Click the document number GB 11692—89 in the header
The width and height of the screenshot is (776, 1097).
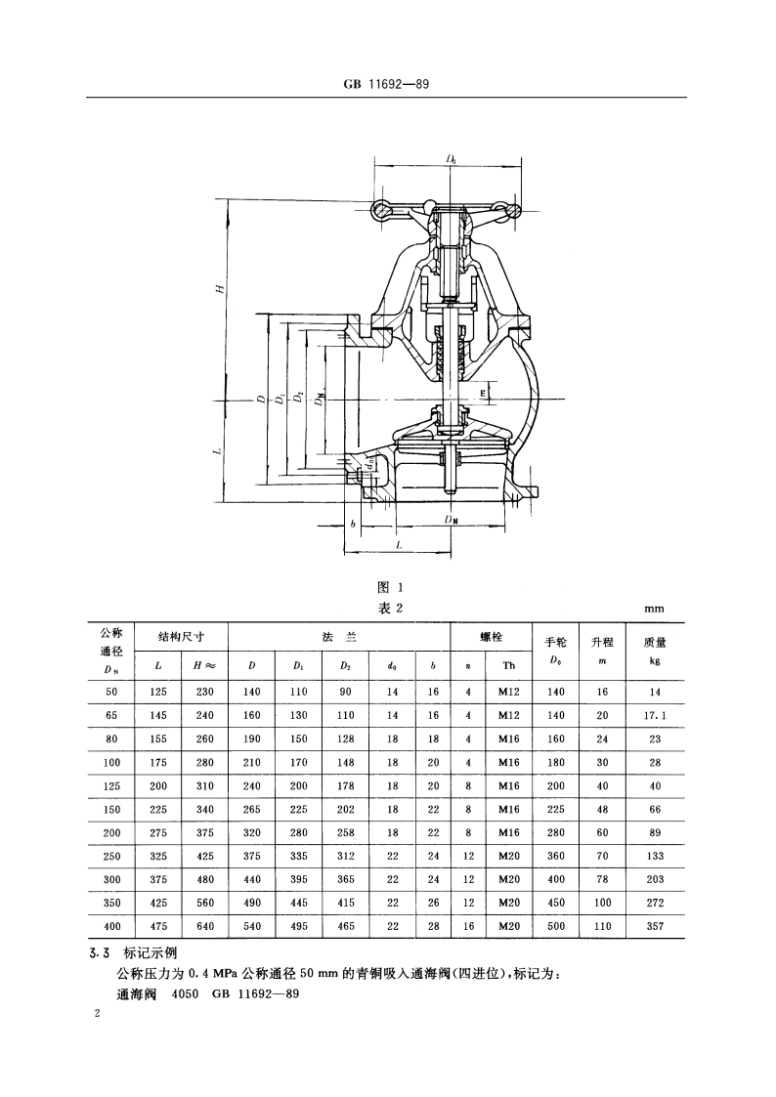(387, 85)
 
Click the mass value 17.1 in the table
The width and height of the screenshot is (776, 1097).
(654, 715)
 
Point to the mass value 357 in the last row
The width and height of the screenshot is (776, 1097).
(654, 926)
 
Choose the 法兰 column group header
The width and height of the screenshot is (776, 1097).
(338, 637)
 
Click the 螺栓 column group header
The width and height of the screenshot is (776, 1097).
(490, 637)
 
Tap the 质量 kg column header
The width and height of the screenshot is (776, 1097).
(654, 650)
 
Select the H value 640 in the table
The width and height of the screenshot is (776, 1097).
(204, 926)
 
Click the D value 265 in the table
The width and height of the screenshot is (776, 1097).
(252, 809)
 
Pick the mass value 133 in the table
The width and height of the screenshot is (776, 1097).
(654, 856)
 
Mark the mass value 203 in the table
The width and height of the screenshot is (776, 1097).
(654, 879)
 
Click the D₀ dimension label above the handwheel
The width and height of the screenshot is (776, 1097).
(451, 157)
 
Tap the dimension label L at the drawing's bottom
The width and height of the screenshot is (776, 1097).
(398, 545)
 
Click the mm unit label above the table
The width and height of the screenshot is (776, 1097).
(654, 609)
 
